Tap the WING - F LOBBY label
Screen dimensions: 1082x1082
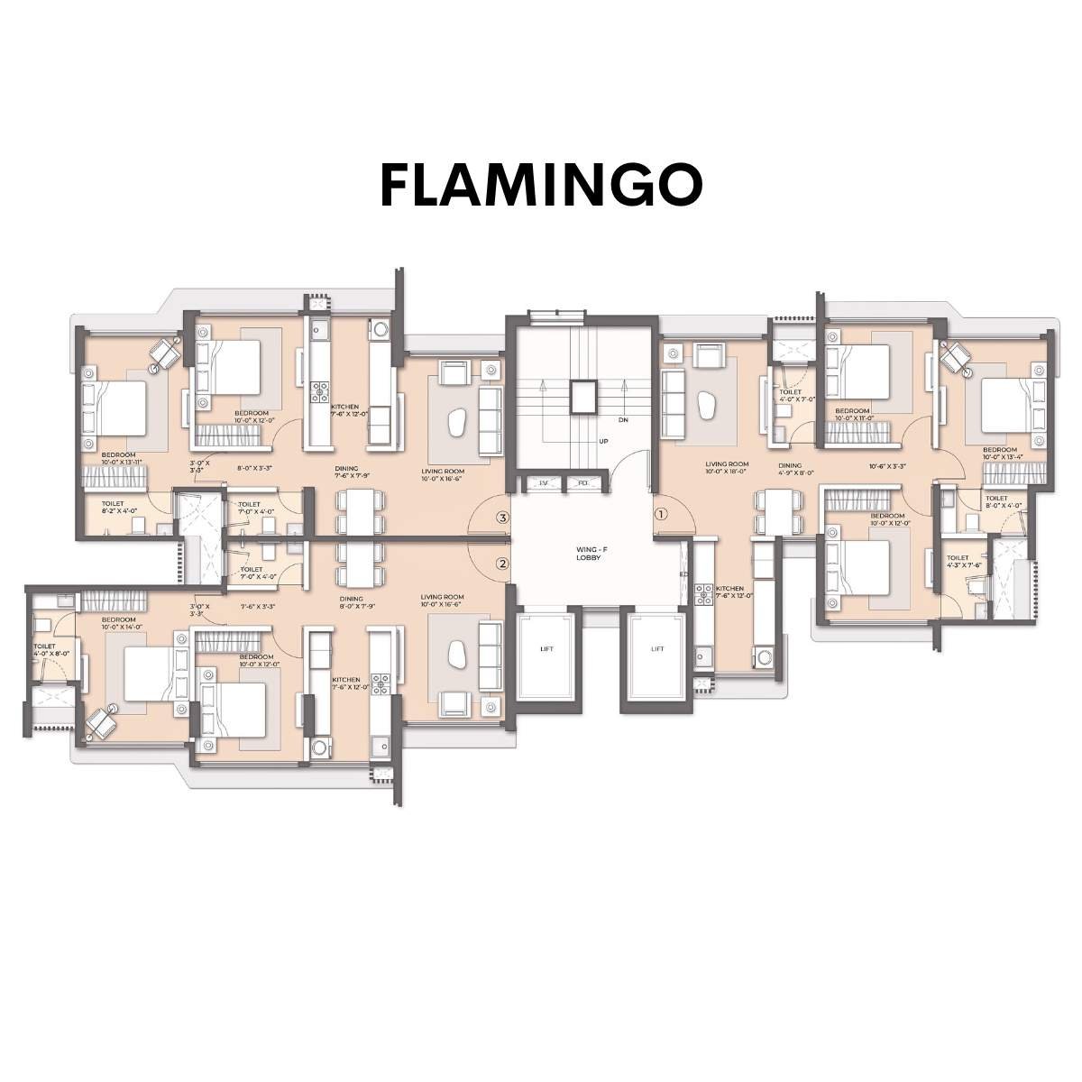(589, 553)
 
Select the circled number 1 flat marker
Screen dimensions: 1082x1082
(661, 515)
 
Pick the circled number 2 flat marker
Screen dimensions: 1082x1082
(503, 564)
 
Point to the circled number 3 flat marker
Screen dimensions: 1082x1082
(503, 518)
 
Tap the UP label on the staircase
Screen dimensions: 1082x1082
(604, 442)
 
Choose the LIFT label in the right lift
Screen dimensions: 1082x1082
(657, 649)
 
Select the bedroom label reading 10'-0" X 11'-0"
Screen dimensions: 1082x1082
(852, 415)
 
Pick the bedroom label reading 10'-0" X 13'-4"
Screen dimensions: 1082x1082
(1000, 453)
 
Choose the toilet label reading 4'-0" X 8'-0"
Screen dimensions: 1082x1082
(44, 650)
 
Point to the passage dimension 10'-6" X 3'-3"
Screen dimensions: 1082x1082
(887, 467)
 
